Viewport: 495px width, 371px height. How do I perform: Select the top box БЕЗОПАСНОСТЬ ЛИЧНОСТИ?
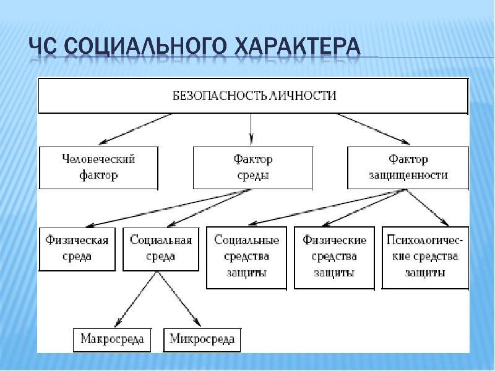[x=254, y=96]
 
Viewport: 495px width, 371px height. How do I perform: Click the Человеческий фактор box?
[x=99, y=168]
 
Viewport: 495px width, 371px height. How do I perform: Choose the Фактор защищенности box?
[x=408, y=168]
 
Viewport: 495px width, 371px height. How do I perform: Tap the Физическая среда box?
[x=77, y=249]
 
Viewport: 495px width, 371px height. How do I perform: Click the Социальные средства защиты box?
[x=246, y=257]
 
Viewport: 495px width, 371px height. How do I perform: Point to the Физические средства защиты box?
[x=334, y=257]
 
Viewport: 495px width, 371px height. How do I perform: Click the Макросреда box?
[x=113, y=339]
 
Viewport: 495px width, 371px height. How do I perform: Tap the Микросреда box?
[x=202, y=339]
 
